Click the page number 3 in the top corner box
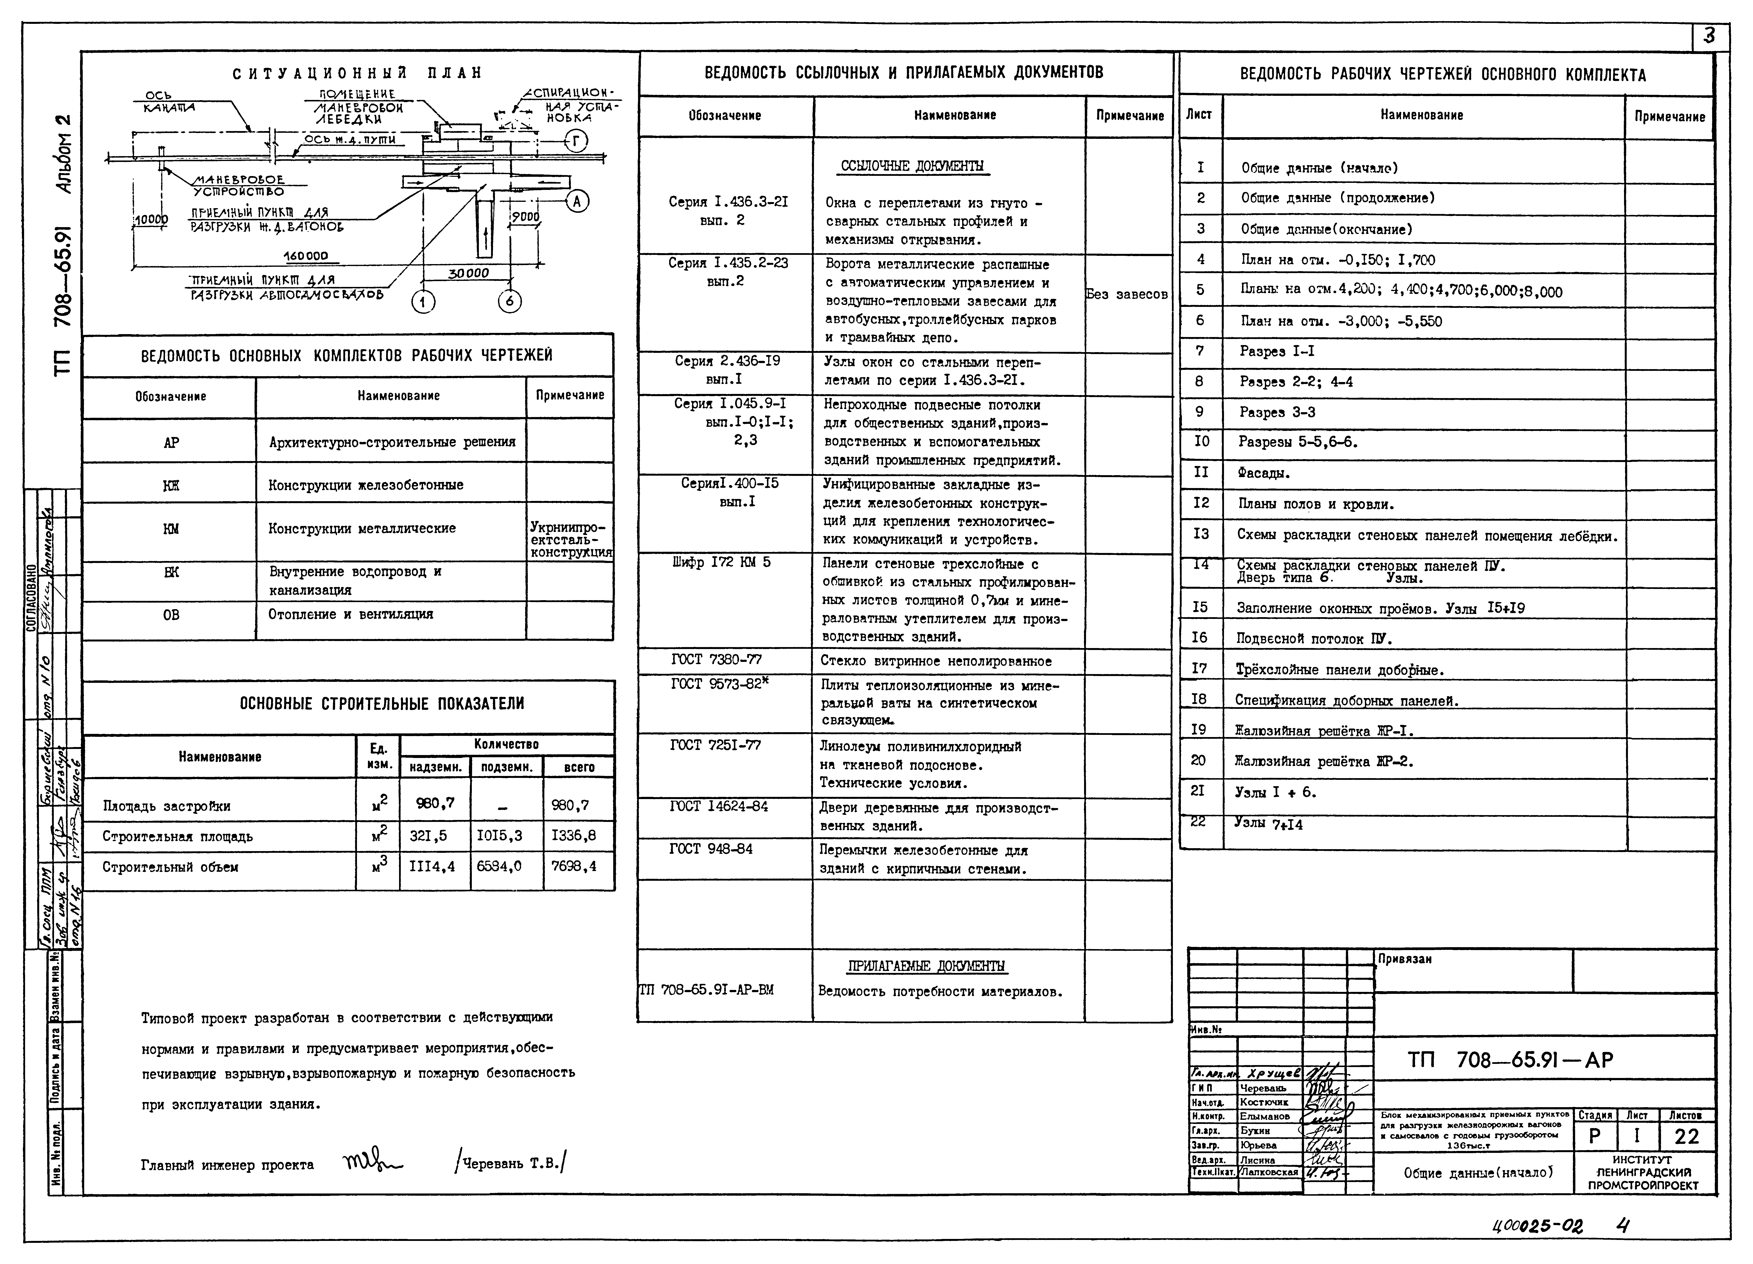(1709, 36)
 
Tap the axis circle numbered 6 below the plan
(509, 301)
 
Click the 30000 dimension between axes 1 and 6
(468, 273)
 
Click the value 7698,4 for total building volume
(574, 866)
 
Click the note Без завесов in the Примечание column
(1127, 294)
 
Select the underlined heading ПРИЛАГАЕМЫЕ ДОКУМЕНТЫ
(926, 966)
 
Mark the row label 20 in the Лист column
(1199, 760)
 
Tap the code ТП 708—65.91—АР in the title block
(1510, 1060)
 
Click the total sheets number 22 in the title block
(1687, 1137)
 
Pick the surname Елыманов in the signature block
(1265, 1116)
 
